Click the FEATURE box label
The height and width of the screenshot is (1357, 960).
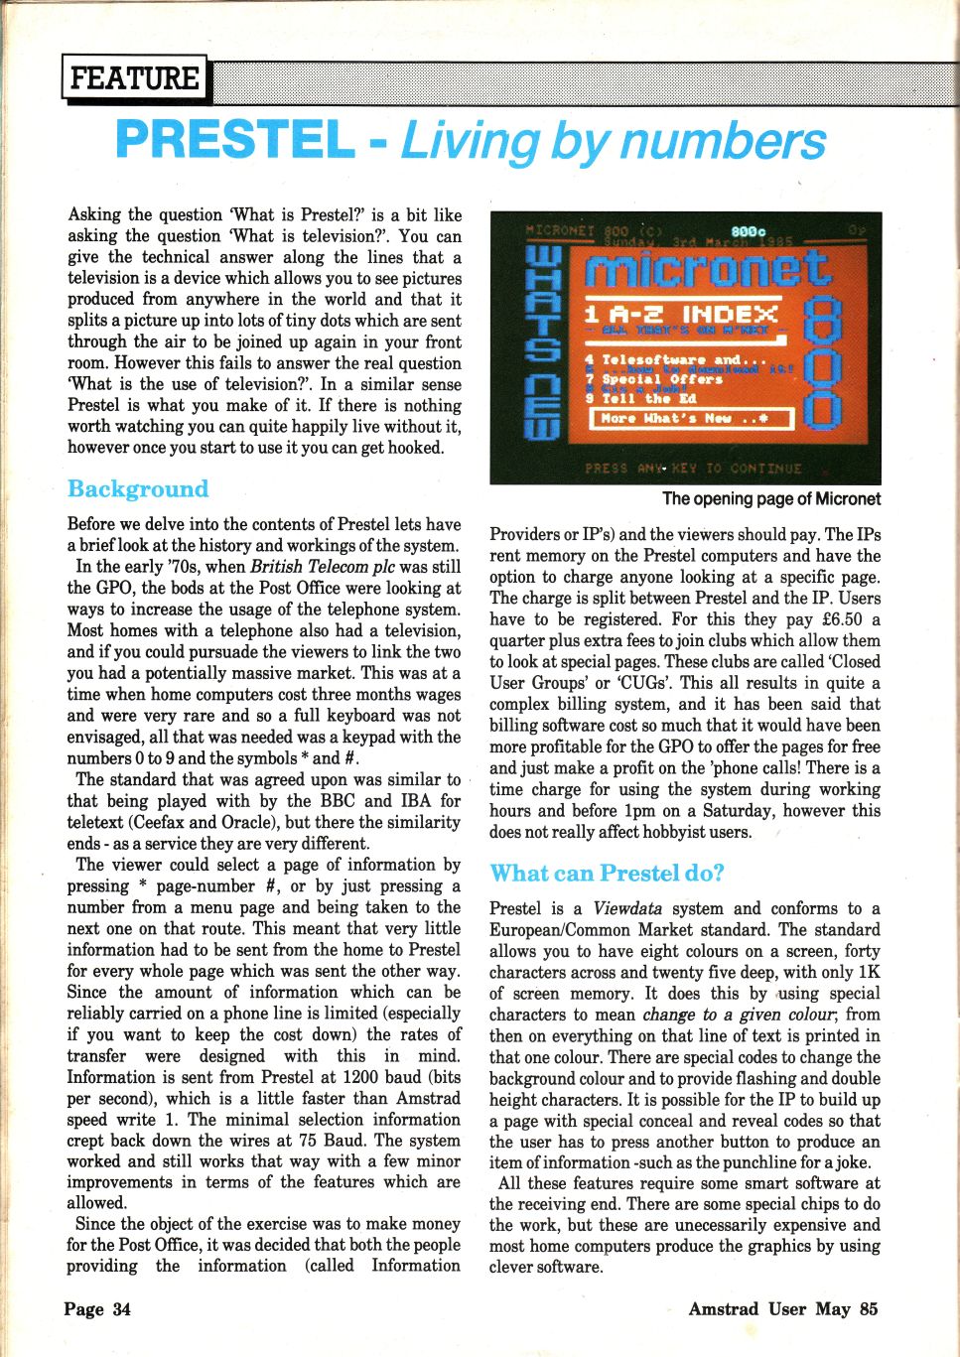[x=135, y=78]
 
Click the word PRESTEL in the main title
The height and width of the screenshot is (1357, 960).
[x=234, y=140]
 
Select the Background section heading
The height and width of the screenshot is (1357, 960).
[x=138, y=489]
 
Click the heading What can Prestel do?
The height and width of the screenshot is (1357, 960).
[x=607, y=874]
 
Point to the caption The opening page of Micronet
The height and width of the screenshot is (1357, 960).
[x=770, y=498]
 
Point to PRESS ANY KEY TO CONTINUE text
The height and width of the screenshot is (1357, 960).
[x=692, y=468]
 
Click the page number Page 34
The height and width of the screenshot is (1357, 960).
[x=97, y=1309]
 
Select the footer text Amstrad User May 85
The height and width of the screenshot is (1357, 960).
[x=783, y=1309]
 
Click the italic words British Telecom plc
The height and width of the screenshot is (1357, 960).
[x=327, y=568]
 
